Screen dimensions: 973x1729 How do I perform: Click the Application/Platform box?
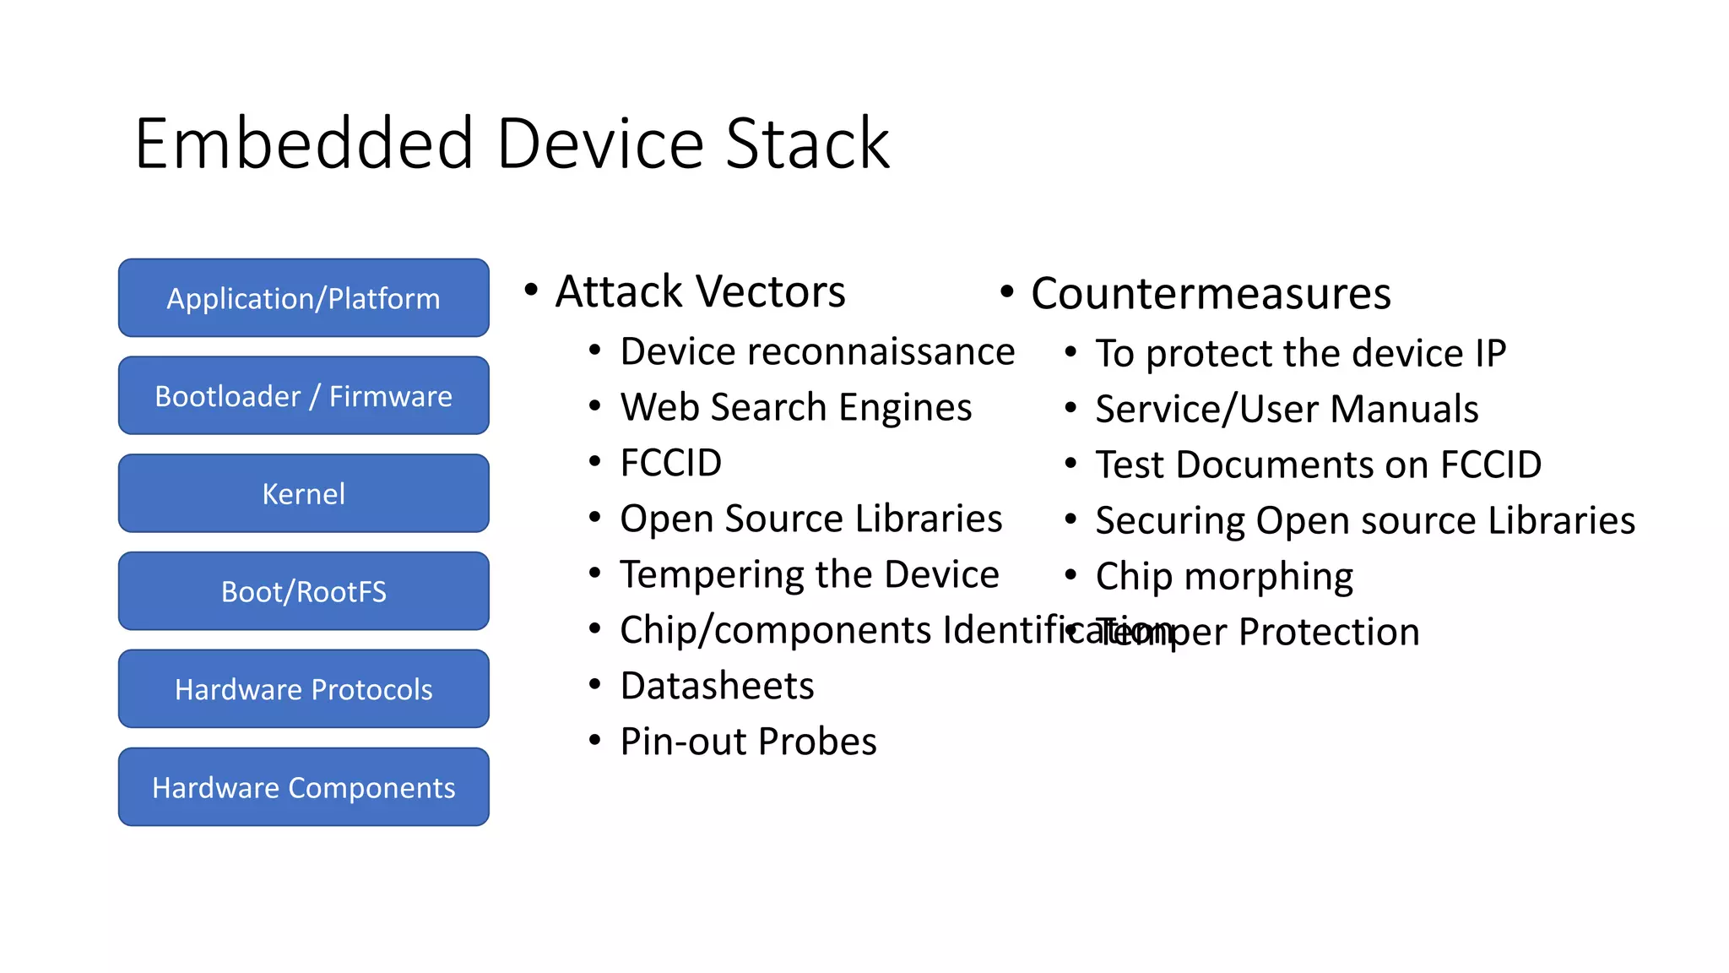(303, 298)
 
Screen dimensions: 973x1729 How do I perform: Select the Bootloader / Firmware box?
(303, 396)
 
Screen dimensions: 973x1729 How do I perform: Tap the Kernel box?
(303, 494)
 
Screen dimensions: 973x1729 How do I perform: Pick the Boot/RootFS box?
(303, 591)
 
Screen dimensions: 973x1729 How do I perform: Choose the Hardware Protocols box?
(303, 689)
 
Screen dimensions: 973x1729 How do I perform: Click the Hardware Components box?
(303, 787)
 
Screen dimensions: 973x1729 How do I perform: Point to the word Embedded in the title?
(304, 144)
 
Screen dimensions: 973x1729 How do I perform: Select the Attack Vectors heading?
(700, 291)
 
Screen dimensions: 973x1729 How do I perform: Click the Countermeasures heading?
(1211, 294)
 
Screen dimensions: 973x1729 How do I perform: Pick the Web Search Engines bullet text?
(795, 407)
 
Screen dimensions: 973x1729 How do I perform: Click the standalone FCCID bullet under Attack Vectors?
(670, 463)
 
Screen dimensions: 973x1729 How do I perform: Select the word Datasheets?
(717, 686)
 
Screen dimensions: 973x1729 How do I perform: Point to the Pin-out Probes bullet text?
(748, 742)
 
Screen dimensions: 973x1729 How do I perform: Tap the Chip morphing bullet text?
(1224, 577)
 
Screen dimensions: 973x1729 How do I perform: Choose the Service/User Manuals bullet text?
(1287, 410)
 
